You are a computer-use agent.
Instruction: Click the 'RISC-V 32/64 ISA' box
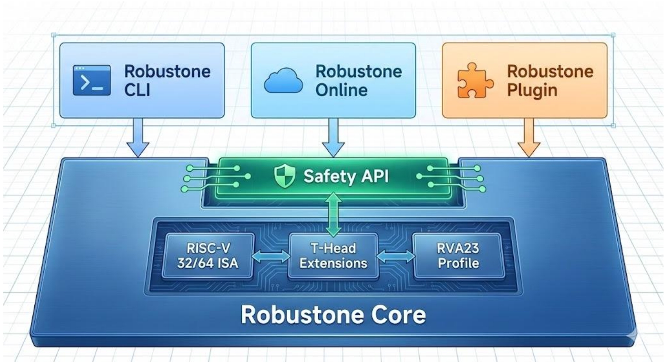[207, 256]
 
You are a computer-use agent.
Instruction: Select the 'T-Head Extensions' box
[333, 256]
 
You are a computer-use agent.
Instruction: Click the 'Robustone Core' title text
[333, 315]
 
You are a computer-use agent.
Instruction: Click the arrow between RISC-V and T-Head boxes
[270, 256]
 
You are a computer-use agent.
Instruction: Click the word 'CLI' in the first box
[137, 90]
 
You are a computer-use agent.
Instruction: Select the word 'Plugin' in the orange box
[531, 90]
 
